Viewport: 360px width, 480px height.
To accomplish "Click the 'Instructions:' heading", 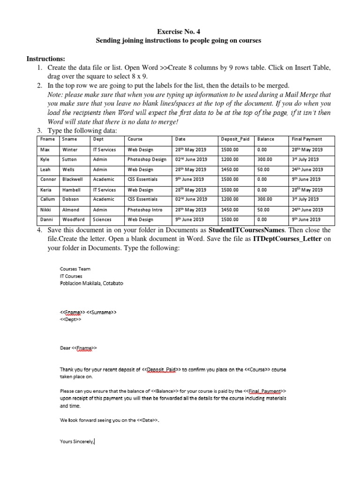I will click(x=46, y=59).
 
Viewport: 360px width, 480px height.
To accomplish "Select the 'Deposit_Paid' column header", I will click(x=235, y=139).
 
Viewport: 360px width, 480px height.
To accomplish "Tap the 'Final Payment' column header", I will click(x=307, y=139).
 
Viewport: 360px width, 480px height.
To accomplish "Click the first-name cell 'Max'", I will click(x=45, y=150).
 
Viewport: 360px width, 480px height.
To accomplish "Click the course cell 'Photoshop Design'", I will click(x=147, y=159).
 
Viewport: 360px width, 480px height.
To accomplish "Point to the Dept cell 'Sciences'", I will click(x=103, y=219).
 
